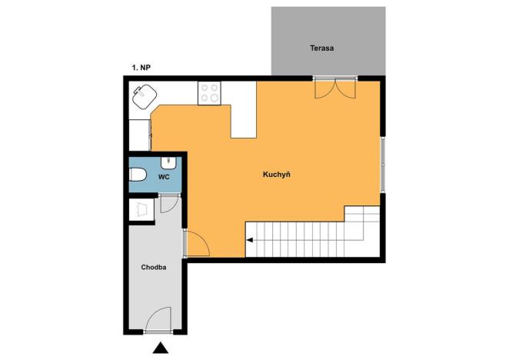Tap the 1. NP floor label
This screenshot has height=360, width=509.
coord(141,68)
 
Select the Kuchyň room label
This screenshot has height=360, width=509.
coord(276,175)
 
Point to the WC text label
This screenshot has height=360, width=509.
coord(163,176)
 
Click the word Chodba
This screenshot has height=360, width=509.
coord(154,268)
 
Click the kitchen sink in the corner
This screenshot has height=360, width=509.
coord(144,98)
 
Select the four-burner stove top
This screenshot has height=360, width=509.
coord(209,93)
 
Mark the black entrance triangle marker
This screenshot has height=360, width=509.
coord(159,348)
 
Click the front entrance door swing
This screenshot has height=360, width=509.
coord(159,319)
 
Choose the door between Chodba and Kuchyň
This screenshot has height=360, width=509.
coord(196,244)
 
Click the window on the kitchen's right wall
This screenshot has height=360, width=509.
coord(382,163)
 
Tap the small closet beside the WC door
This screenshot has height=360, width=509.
coord(141,209)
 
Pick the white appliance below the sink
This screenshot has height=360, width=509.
coord(139,134)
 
